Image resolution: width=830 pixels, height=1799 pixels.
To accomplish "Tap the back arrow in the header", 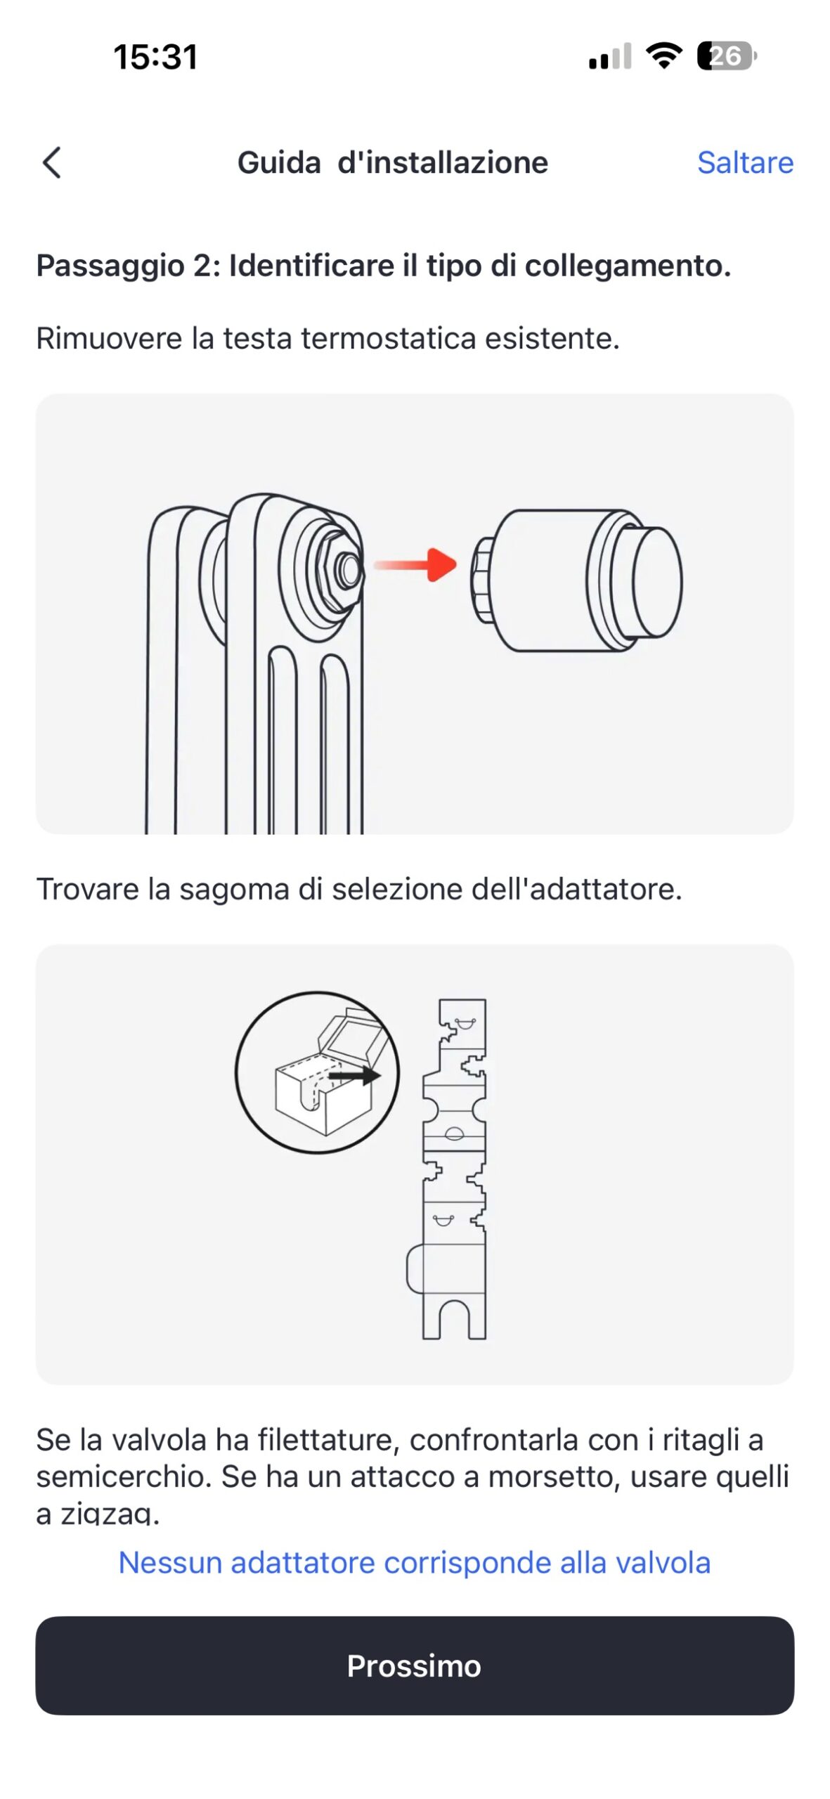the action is (52, 163).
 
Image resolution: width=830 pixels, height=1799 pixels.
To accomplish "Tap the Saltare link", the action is (745, 163).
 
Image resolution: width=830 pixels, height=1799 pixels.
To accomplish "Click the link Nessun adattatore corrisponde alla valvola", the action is (415, 1562).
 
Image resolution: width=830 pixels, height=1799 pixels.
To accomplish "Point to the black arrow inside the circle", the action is (355, 1075).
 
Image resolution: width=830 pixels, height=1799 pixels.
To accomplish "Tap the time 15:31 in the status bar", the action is (155, 57).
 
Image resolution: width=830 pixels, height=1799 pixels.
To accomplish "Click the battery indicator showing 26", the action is (726, 56).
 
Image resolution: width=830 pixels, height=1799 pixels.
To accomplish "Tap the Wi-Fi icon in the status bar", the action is (664, 56).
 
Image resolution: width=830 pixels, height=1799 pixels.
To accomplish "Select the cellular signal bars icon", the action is (610, 57).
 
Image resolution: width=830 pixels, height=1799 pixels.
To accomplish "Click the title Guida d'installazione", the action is (393, 162).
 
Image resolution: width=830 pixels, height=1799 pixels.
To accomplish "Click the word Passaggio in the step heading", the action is (110, 266).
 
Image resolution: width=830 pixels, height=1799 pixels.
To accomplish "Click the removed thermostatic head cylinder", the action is (576, 581).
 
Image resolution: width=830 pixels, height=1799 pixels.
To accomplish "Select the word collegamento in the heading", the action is (628, 266).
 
